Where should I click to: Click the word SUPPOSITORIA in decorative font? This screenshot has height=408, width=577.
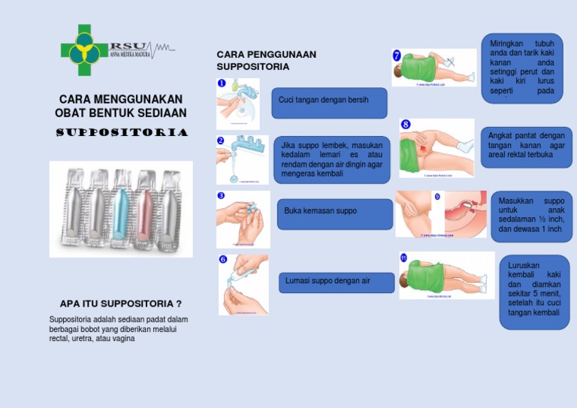tap(122, 133)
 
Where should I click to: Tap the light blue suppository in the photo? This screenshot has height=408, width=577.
tap(121, 211)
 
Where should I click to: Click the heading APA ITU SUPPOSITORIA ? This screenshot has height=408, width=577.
tap(120, 304)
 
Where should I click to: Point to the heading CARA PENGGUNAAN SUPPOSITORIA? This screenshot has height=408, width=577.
tap(266, 60)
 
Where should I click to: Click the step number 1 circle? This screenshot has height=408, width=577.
tap(222, 83)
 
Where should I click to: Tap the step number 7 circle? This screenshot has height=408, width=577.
tap(397, 56)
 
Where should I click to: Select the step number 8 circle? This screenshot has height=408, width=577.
tap(406, 124)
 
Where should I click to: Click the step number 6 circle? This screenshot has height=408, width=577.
tap(223, 260)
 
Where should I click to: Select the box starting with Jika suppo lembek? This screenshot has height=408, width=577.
tap(331, 159)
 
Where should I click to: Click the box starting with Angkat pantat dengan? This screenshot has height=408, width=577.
tap(526, 147)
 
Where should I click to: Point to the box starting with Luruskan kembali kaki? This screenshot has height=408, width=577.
tap(534, 291)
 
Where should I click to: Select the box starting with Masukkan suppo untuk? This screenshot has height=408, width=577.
tap(530, 216)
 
